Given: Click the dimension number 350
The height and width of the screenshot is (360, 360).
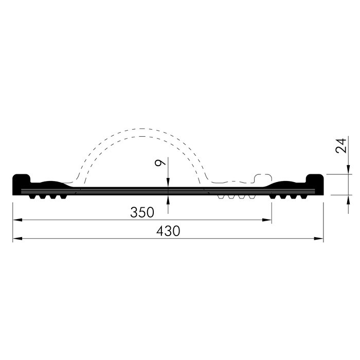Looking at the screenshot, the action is coord(142,212).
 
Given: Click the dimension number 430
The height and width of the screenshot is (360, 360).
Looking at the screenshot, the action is coord(168,231).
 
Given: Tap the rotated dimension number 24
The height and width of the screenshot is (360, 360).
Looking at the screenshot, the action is coord(340,146).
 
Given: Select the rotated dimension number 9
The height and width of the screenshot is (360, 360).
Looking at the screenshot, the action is coord(160,163).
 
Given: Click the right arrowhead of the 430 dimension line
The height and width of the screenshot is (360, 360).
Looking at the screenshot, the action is coord(318,239).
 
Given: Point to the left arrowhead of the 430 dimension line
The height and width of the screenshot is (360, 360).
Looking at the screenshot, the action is coord(17,239).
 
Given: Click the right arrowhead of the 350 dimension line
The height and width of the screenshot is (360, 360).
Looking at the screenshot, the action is coord(267,220).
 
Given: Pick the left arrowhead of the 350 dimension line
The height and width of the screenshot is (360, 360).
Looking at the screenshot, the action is coord(17,220).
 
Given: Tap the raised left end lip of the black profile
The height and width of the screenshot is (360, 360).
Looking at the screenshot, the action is coord(22,178).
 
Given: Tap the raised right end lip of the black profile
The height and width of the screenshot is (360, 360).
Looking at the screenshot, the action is coord(315,178).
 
